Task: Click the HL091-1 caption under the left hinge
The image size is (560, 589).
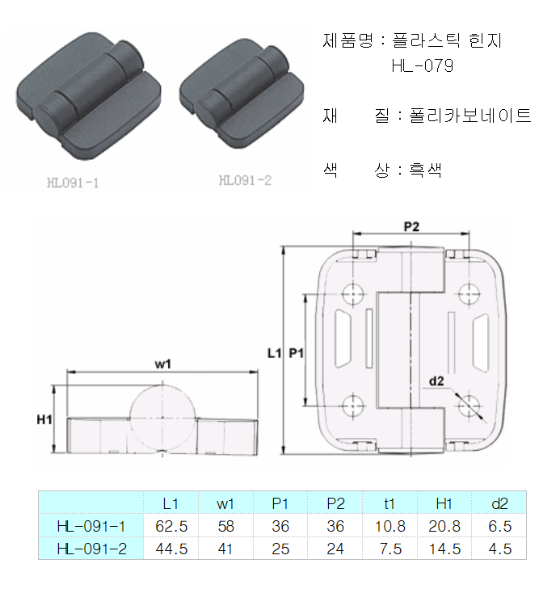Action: point(73,183)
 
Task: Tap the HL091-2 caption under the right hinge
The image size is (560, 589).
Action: point(245,180)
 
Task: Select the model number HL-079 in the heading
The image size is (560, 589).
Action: point(423,65)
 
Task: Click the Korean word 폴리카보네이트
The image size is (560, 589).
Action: point(470,116)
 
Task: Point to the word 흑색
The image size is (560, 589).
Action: point(425,170)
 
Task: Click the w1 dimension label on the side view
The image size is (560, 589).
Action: point(163,364)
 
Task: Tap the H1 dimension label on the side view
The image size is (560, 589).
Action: point(44,419)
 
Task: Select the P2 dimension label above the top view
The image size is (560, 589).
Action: point(411,226)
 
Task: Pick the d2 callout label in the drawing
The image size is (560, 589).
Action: point(436,381)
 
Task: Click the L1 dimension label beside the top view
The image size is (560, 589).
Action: point(274,353)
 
